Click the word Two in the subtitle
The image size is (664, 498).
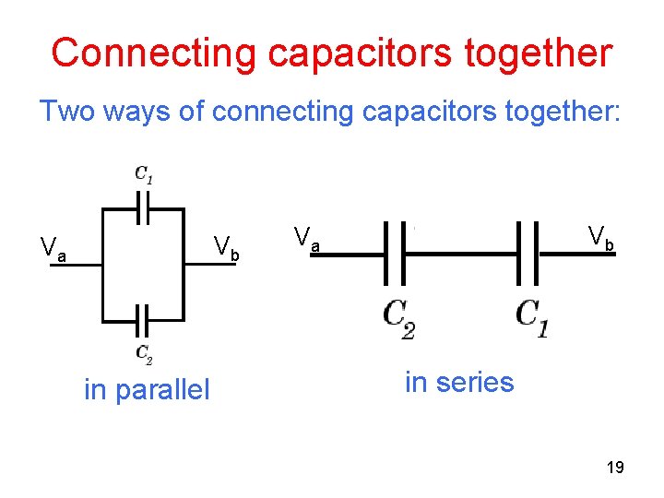[65, 112]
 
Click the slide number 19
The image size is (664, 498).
[615, 468]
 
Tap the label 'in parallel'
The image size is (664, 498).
[147, 390]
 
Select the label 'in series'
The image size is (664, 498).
[459, 381]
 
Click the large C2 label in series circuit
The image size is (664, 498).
[398, 318]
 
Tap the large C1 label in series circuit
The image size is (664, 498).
[532, 316]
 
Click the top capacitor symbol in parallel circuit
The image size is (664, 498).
[143, 207]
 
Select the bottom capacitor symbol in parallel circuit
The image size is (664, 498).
[143, 322]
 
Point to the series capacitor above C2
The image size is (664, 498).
[395, 253]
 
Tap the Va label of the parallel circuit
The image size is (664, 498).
[53, 248]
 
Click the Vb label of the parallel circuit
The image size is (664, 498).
[226, 247]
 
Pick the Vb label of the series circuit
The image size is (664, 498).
[600, 238]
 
